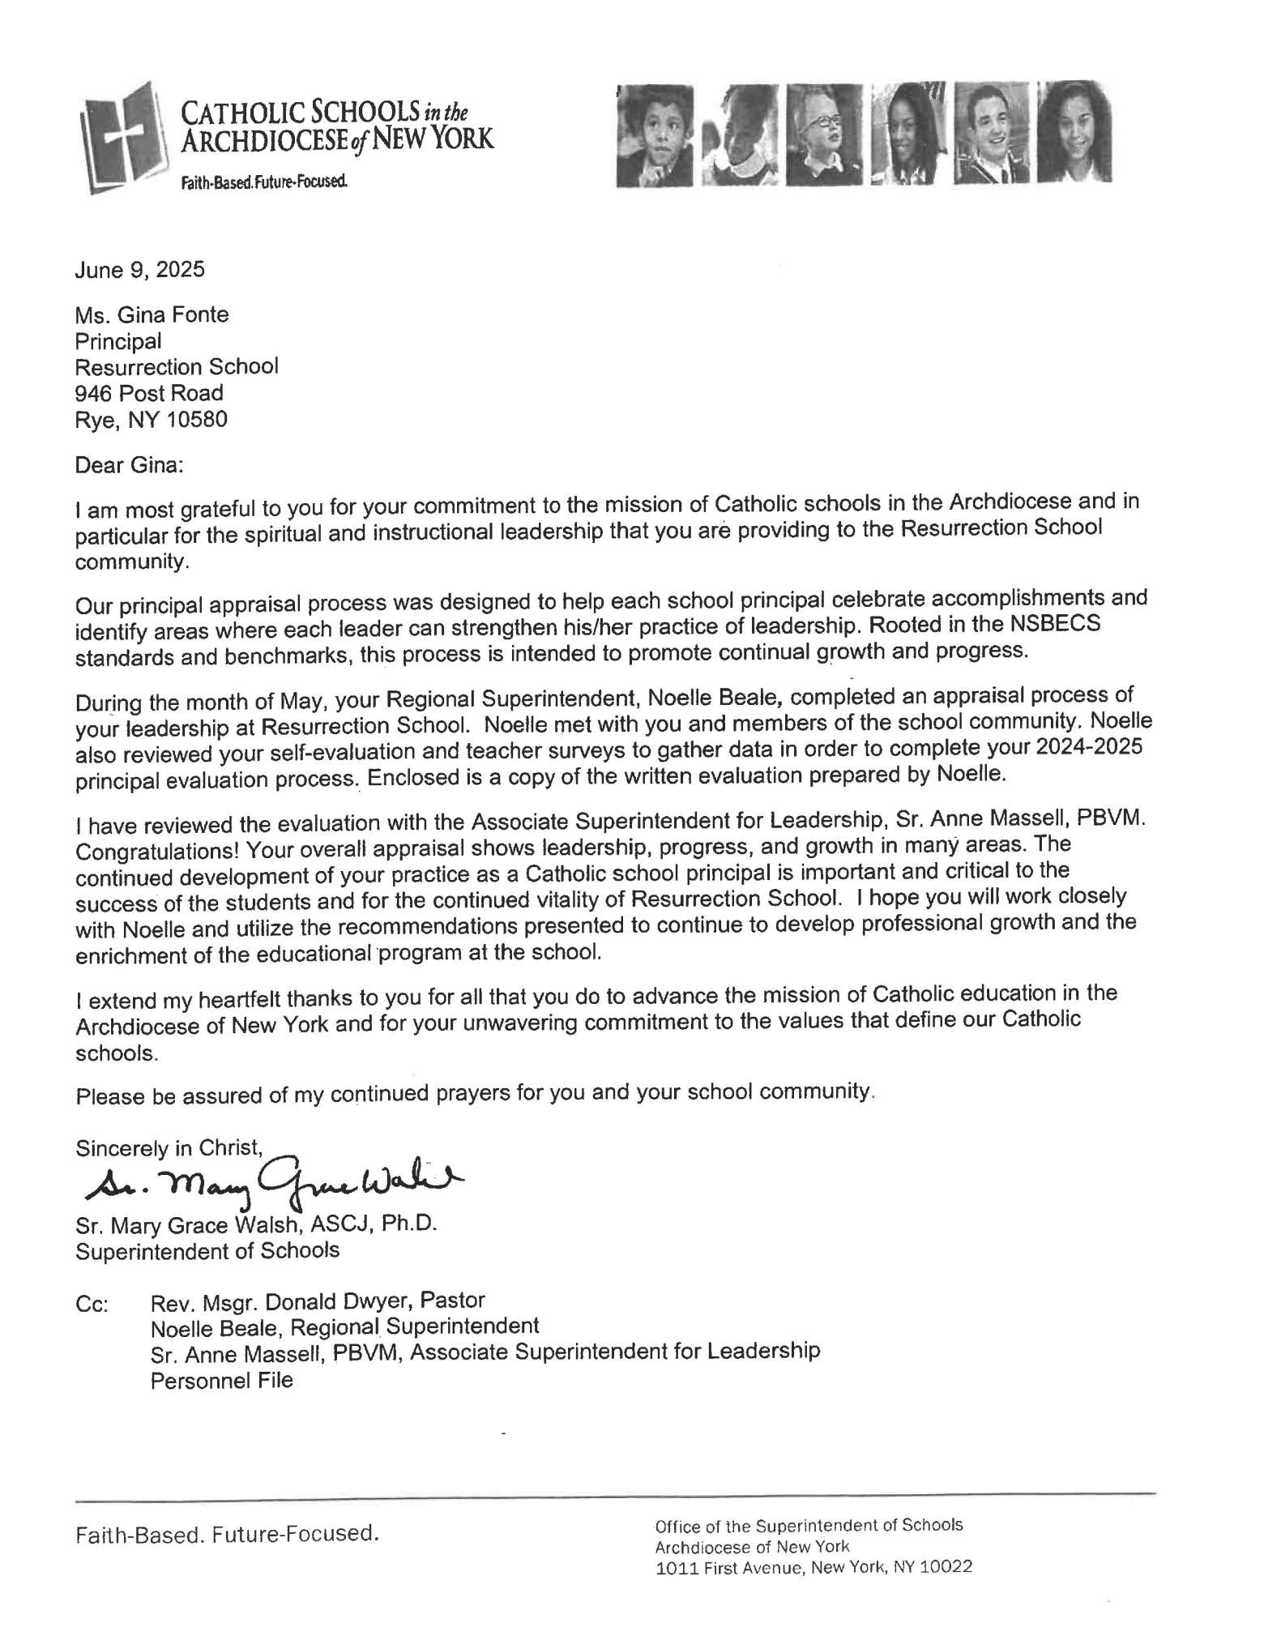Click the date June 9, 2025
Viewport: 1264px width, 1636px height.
[139, 270]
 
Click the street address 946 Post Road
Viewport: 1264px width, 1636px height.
[149, 393]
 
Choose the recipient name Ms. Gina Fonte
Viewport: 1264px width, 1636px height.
[152, 314]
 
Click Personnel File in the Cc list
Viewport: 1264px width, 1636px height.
[221, 1380]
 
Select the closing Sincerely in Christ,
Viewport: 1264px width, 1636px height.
[169, 1147]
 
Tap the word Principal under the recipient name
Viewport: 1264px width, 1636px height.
[118, 341]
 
